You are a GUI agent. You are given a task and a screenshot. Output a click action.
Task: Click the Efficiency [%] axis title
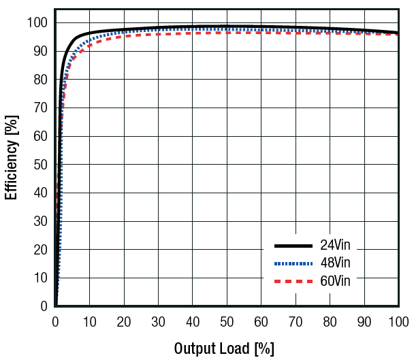tap(12, 157)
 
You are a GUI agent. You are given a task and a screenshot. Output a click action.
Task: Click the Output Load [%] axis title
tap(224, 348)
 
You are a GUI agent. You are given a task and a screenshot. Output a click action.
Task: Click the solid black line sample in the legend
tap(292, 246)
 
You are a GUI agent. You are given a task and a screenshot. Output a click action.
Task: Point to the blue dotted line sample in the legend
tap(292, 263)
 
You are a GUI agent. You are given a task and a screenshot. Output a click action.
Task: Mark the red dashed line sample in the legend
tap(292, 280)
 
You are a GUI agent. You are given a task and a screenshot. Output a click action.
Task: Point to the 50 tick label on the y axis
tap(41, 165)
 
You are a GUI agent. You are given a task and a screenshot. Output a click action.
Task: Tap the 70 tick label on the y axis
tap(41, 108)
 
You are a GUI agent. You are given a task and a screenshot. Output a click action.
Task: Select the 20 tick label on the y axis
tap(41, 250)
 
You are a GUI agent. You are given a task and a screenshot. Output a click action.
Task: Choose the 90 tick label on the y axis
tap(41, 51)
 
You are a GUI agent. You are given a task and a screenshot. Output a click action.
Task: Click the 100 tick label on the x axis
tap(398, 321)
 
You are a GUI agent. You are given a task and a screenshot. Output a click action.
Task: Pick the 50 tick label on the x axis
tap(227, 321)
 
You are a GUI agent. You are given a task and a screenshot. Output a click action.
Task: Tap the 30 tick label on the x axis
tap(158, 321)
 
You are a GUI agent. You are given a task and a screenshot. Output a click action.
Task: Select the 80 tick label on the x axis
tap(330, 321)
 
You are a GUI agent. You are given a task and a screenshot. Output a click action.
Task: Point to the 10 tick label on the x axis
tap(90, 321)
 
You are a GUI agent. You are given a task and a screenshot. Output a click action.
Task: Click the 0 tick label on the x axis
tap(56, 321)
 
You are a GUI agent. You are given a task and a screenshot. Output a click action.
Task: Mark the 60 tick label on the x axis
tap(261, 321)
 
